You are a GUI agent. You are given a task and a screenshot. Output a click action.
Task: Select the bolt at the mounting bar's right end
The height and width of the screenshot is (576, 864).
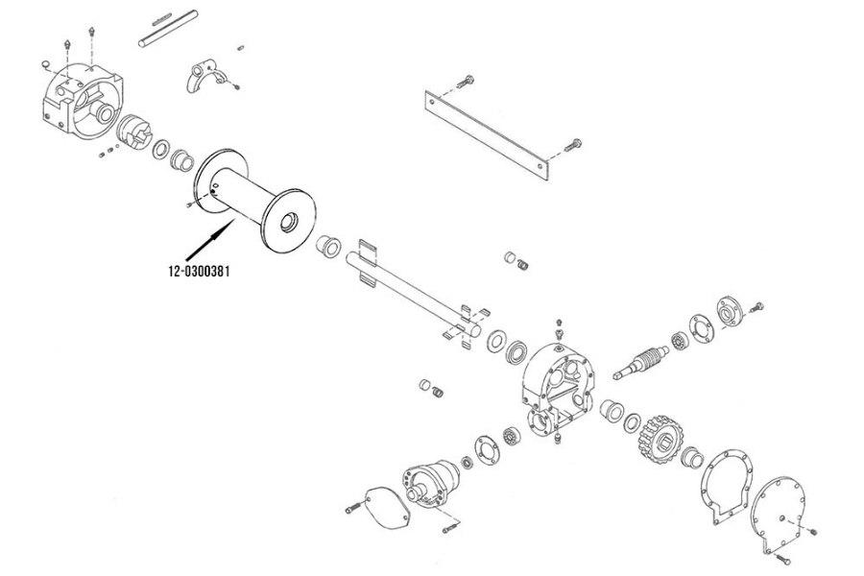(x=575, y=142)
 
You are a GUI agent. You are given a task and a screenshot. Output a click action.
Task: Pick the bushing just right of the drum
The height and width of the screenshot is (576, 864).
(x=328, y=246)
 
